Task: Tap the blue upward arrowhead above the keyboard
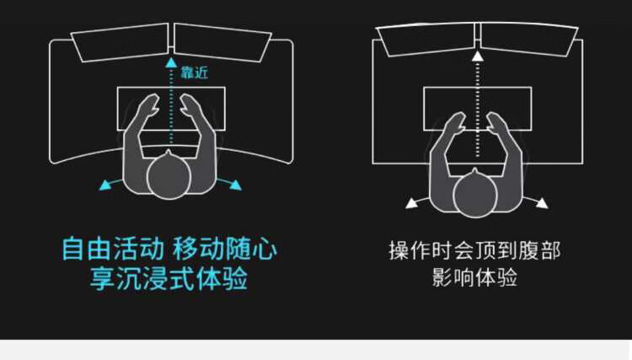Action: point(171,62)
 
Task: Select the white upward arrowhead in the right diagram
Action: point(478,56)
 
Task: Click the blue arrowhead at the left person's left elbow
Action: point(105,184)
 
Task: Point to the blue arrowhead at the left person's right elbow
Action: point(236,184)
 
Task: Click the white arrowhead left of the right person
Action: point(411,202)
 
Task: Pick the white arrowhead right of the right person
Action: point(543,202)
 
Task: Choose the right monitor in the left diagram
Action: point(223,41)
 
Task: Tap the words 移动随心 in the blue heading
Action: point(225,250)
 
